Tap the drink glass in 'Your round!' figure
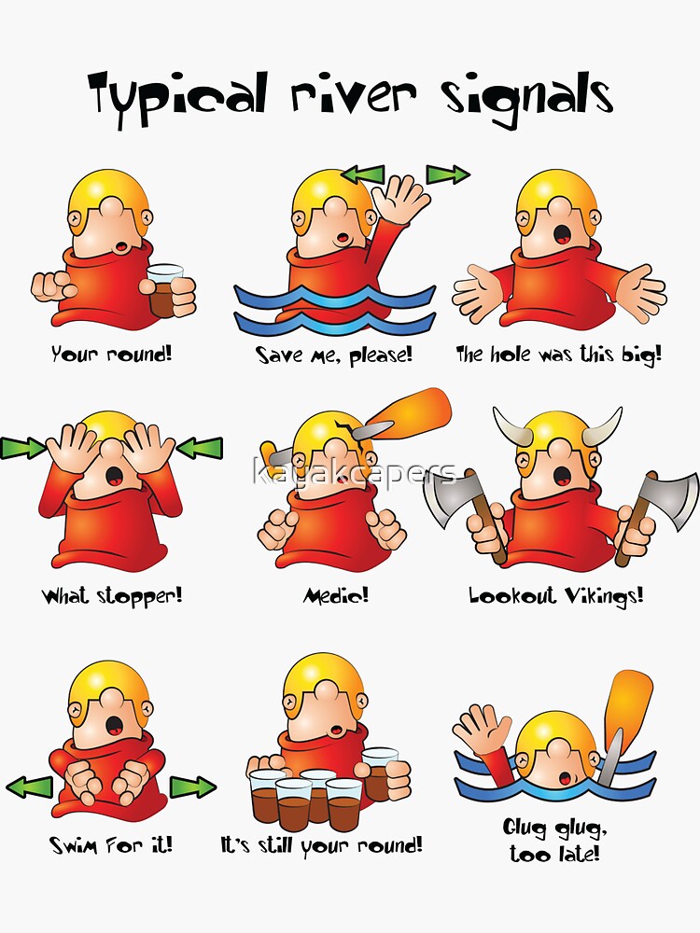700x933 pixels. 165,291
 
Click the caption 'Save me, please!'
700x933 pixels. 334,355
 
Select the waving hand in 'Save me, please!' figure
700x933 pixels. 401,198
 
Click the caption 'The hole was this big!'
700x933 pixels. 558,355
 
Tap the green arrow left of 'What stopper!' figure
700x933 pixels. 21,448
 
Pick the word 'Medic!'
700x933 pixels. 336,594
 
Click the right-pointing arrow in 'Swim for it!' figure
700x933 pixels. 192,787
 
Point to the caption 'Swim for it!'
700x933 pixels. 111,844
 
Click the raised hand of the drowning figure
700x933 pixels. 482,728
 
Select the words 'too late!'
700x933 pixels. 554,854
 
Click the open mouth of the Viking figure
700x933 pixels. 562,475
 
